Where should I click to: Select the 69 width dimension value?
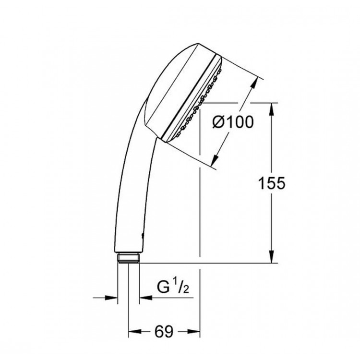tap(164, 332)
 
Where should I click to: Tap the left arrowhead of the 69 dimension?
tap(133, 331)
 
